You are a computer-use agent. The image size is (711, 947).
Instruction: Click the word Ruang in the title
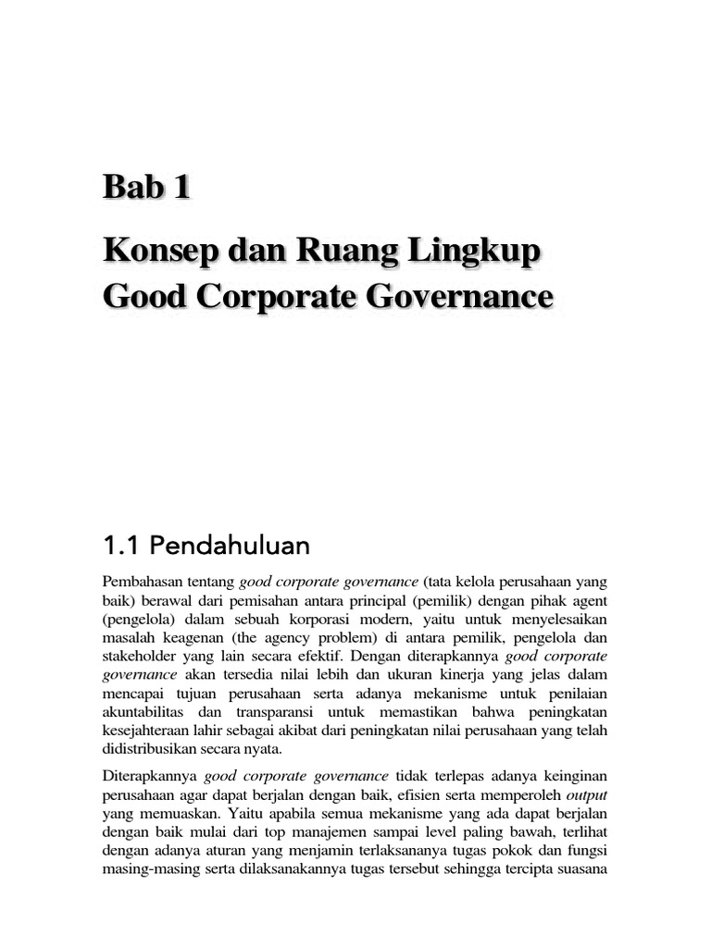coord(351,252)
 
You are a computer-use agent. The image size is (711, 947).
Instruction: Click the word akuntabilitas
coord(144,715)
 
